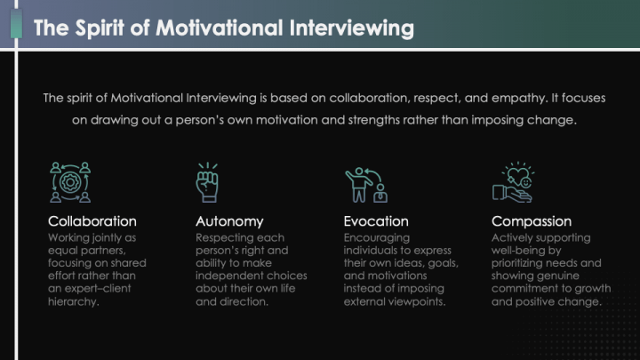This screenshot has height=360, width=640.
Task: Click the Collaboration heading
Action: (92, 220)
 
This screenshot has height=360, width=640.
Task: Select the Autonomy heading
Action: (229, 220)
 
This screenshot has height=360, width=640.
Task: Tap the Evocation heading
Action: (376, 220)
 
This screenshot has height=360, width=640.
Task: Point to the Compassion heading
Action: (532, 220)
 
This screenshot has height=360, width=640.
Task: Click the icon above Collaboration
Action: (70, 182)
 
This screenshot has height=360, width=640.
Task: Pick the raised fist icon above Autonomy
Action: (207, 182)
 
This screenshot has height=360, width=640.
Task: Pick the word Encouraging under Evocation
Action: (377, 238)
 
